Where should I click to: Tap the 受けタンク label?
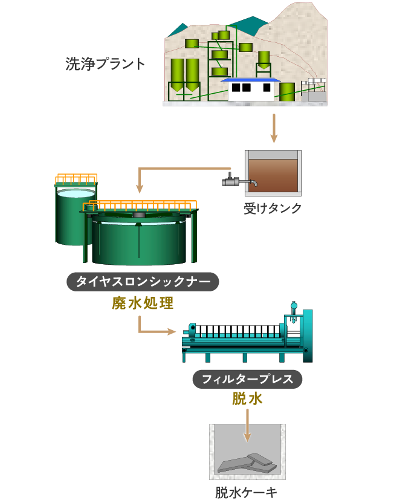click(x=273, y=209)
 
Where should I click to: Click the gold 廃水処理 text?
click(x=143, y=303)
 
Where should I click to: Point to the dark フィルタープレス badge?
click(x=247, y=379)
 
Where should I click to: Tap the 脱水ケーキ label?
click(x=247, y=492)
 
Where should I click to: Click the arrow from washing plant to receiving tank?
click(x=273, y=127)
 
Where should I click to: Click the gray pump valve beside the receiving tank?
click(x=231, y=180)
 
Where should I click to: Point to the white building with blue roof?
click(x=250, y=90)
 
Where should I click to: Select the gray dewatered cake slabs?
click(x=248, y=462)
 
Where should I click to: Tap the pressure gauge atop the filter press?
click(x=294, y=306)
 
